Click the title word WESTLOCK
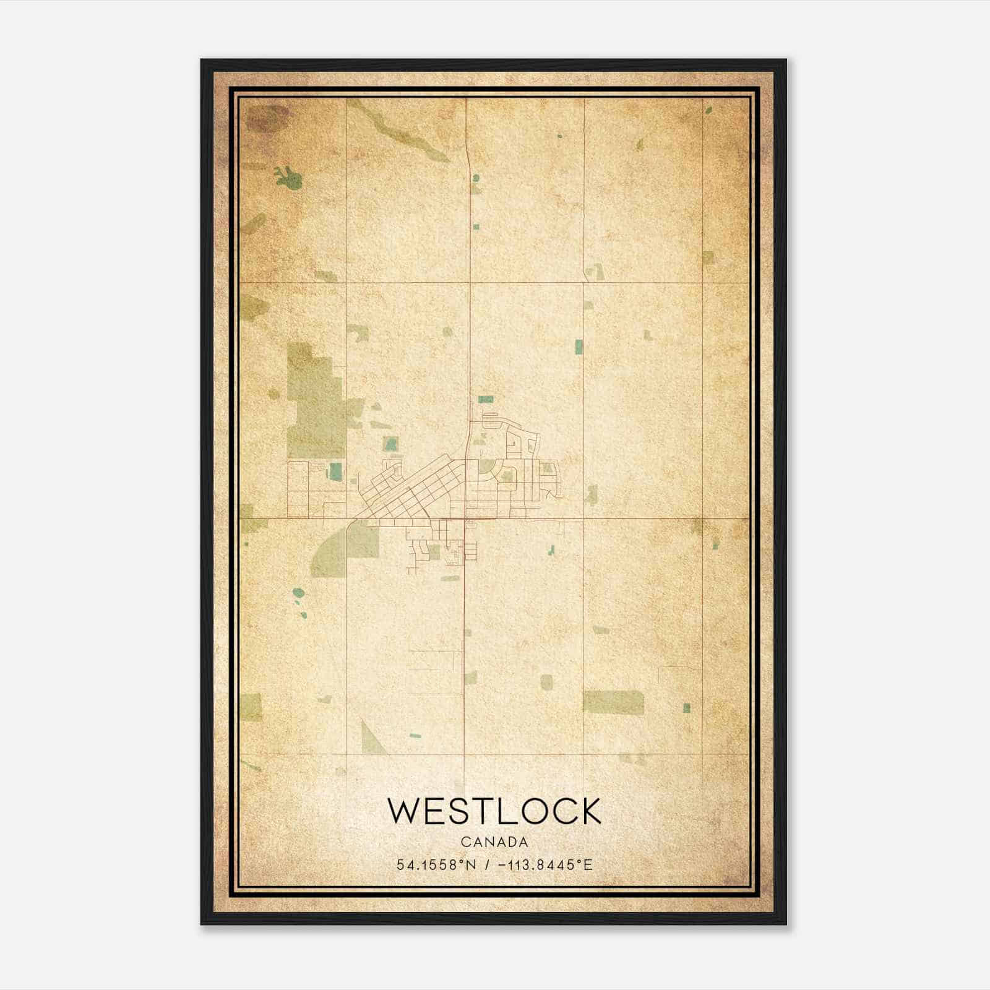point(494,811)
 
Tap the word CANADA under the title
point(494,842)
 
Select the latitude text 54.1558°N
point(437,864)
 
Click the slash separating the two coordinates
point(489,864)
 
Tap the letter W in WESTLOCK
point(403,811)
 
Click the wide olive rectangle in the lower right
point(613,702)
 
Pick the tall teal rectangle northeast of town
point(579,346)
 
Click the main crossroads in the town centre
point(465,519)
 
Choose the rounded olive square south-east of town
point(546,682)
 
